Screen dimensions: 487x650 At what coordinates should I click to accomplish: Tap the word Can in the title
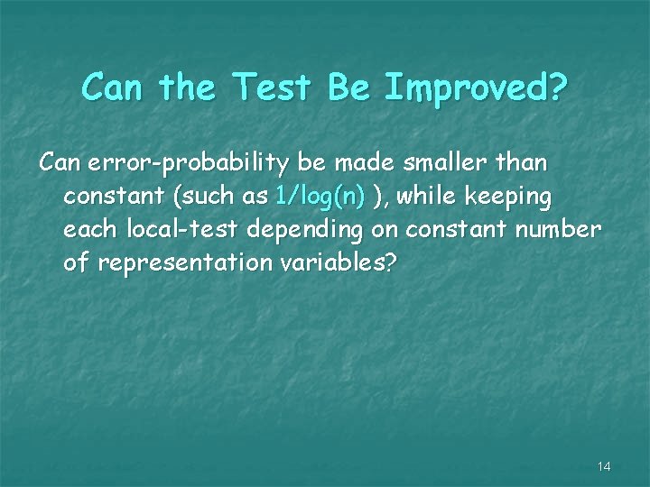pyautogui.click(x=115, y=87)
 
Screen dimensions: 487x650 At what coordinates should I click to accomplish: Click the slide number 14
pyautogui.click(x=604, y=466)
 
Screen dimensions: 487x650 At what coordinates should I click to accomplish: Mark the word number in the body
pyautogui.click(x=560, y=230)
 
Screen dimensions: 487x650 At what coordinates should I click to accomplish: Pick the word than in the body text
pyautogui.click(x=521, y=162)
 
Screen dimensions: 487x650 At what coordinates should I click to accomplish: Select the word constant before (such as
pyautogui.click(x=116, y=196)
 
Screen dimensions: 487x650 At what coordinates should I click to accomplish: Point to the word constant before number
pyautogui.click(x=457, y=230)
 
